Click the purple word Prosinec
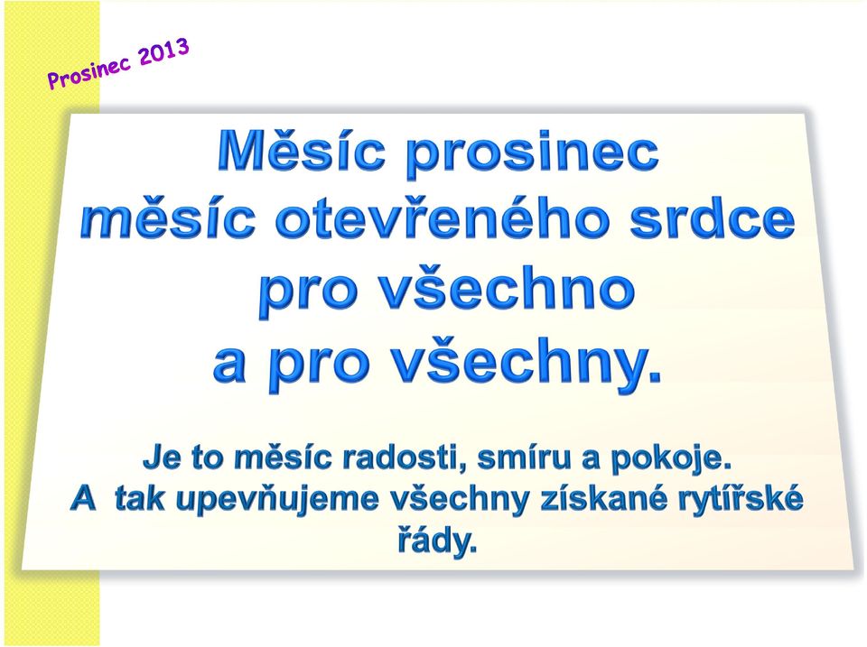(89, 72)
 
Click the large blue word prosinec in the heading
(533, 154)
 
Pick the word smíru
(524, 458)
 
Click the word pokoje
(671, 459)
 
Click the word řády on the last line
(437, 541)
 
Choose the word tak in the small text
(139, 499)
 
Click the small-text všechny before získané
(460, 500)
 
